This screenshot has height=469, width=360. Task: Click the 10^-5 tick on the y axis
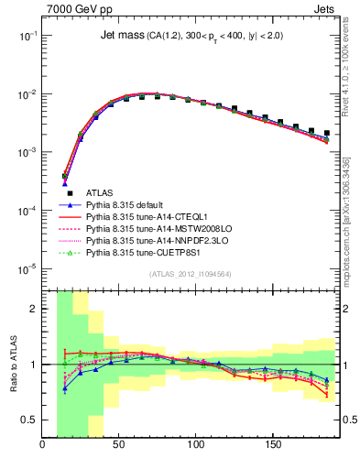click(27, 268)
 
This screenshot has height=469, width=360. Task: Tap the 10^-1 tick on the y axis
click(27, 35)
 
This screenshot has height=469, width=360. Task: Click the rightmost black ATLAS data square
click(327, 133)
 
